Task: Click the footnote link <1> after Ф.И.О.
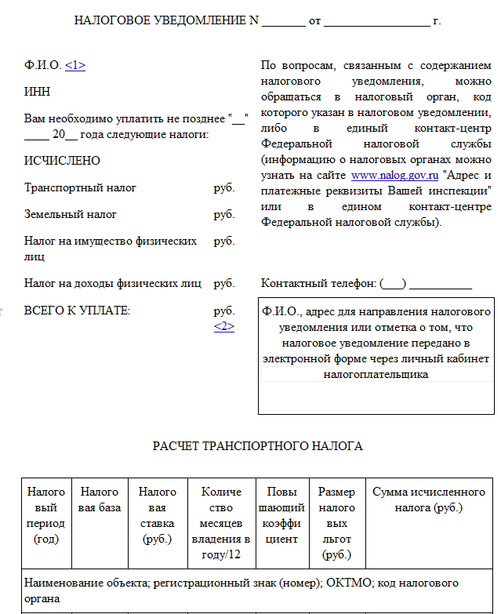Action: click(x=75, y=66)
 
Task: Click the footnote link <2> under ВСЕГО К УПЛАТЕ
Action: click(x=224, y=326)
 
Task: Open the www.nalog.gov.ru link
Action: click(x=394, y=175)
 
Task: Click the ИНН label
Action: click(x=37, y=92)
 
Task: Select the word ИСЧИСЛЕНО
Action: click(x=63, y=161)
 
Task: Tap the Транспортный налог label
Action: click(x=80, y=188)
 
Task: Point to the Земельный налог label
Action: click(x=71, y=214)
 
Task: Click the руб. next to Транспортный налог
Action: click(x=224, y=188)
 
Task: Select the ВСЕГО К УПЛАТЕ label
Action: click(x=77, y=311)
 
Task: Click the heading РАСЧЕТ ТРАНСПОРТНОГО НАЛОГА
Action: click(x=257, y=446)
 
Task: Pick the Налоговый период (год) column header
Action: click(x=46, y=515)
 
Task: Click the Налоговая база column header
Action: click(x=100, y=500)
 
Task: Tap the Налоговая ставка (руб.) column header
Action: click(x=157, y=515)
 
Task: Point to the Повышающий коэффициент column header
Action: click(x=281, y=515)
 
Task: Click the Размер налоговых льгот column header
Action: click(x=336, y=523)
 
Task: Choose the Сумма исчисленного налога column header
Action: click(x=428, y=500)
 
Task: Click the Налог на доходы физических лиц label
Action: click(x=113, y=283)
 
